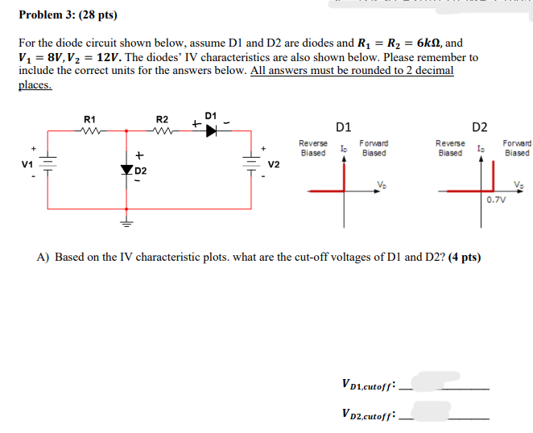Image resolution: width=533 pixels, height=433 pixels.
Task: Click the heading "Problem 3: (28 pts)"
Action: (62, 14)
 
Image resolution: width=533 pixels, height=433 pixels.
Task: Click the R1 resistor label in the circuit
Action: (90, 119)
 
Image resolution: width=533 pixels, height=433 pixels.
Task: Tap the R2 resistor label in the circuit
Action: (161, 119)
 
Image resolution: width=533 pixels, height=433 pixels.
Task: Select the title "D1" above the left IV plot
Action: (343, 126)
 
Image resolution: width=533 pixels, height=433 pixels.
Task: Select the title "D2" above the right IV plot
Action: (480, 126)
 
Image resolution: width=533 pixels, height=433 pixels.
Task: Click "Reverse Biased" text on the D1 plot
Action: (313, 147)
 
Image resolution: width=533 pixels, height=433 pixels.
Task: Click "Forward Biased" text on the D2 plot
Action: (516, 147)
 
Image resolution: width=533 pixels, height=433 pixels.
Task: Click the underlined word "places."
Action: (35, 84)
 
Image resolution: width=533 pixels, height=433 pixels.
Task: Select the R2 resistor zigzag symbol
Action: (161, 130)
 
